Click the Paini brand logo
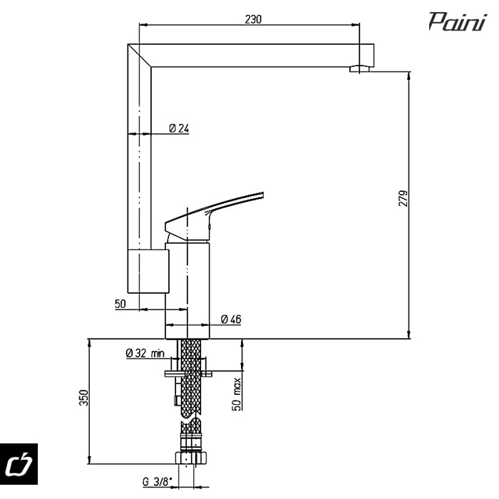point(458,23)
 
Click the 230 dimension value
point(252,19)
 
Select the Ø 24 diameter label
point(179,128)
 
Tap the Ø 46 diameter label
point(230,319)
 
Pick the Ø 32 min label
point(145,353)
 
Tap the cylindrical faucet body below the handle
point(188,285)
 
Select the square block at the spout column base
point(146,271)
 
